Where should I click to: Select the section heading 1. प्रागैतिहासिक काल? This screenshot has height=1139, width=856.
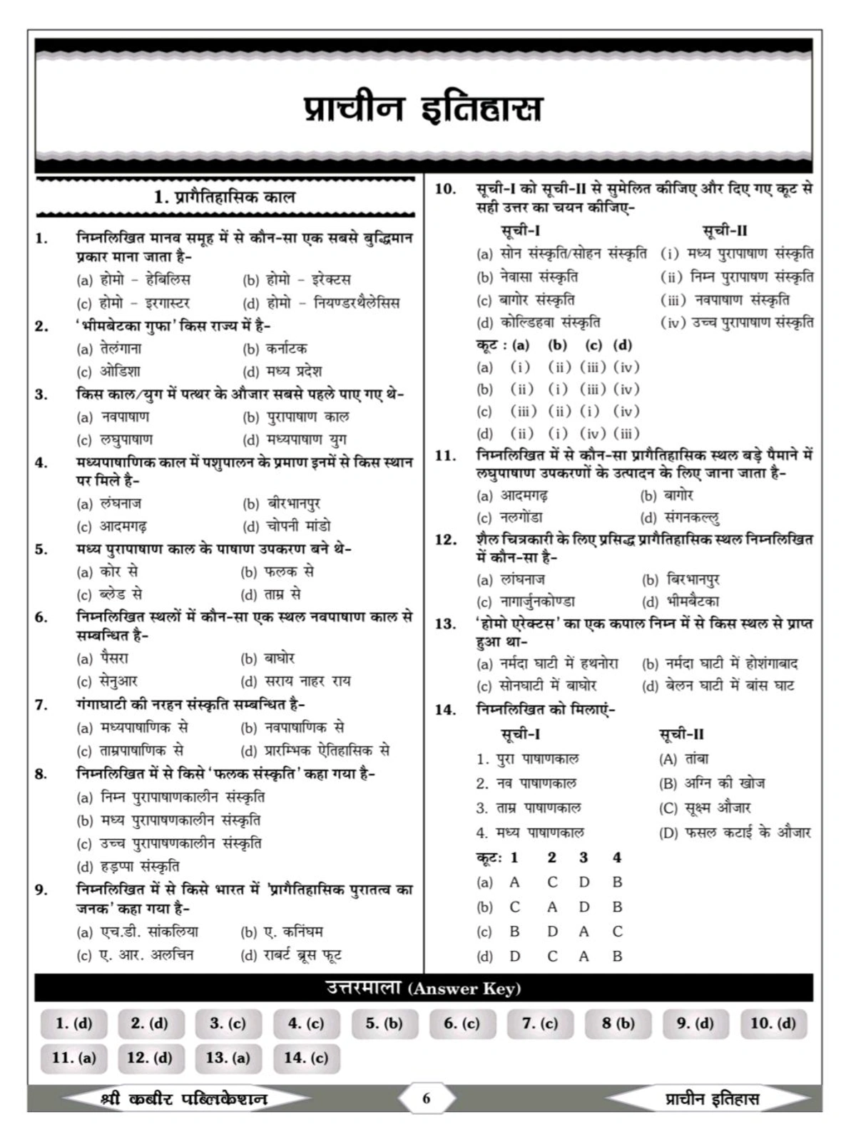224,197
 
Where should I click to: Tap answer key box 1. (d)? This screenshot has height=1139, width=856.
74,1024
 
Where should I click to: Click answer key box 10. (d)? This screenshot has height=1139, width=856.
773,1024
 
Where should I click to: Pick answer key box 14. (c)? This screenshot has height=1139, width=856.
306,1058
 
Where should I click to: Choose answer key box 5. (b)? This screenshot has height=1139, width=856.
384,1024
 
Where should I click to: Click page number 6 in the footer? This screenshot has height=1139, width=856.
427,1098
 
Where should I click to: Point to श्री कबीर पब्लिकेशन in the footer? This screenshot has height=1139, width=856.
184,1098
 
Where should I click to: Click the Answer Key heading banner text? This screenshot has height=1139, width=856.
424,989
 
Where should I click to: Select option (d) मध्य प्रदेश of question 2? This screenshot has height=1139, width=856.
282,371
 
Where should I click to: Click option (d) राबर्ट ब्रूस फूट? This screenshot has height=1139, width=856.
292,955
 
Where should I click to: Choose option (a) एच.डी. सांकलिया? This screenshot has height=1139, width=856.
138,932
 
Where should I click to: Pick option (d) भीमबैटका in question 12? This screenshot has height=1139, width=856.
681,602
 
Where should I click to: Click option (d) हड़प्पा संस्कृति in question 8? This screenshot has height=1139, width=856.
128,867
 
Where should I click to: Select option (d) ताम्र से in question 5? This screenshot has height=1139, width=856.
272,594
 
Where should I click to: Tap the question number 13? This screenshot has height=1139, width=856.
445,624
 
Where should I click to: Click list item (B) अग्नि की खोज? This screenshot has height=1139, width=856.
711,783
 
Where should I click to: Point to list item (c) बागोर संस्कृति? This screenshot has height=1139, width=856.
526,300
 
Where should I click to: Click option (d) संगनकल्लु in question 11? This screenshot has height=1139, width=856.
681,517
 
